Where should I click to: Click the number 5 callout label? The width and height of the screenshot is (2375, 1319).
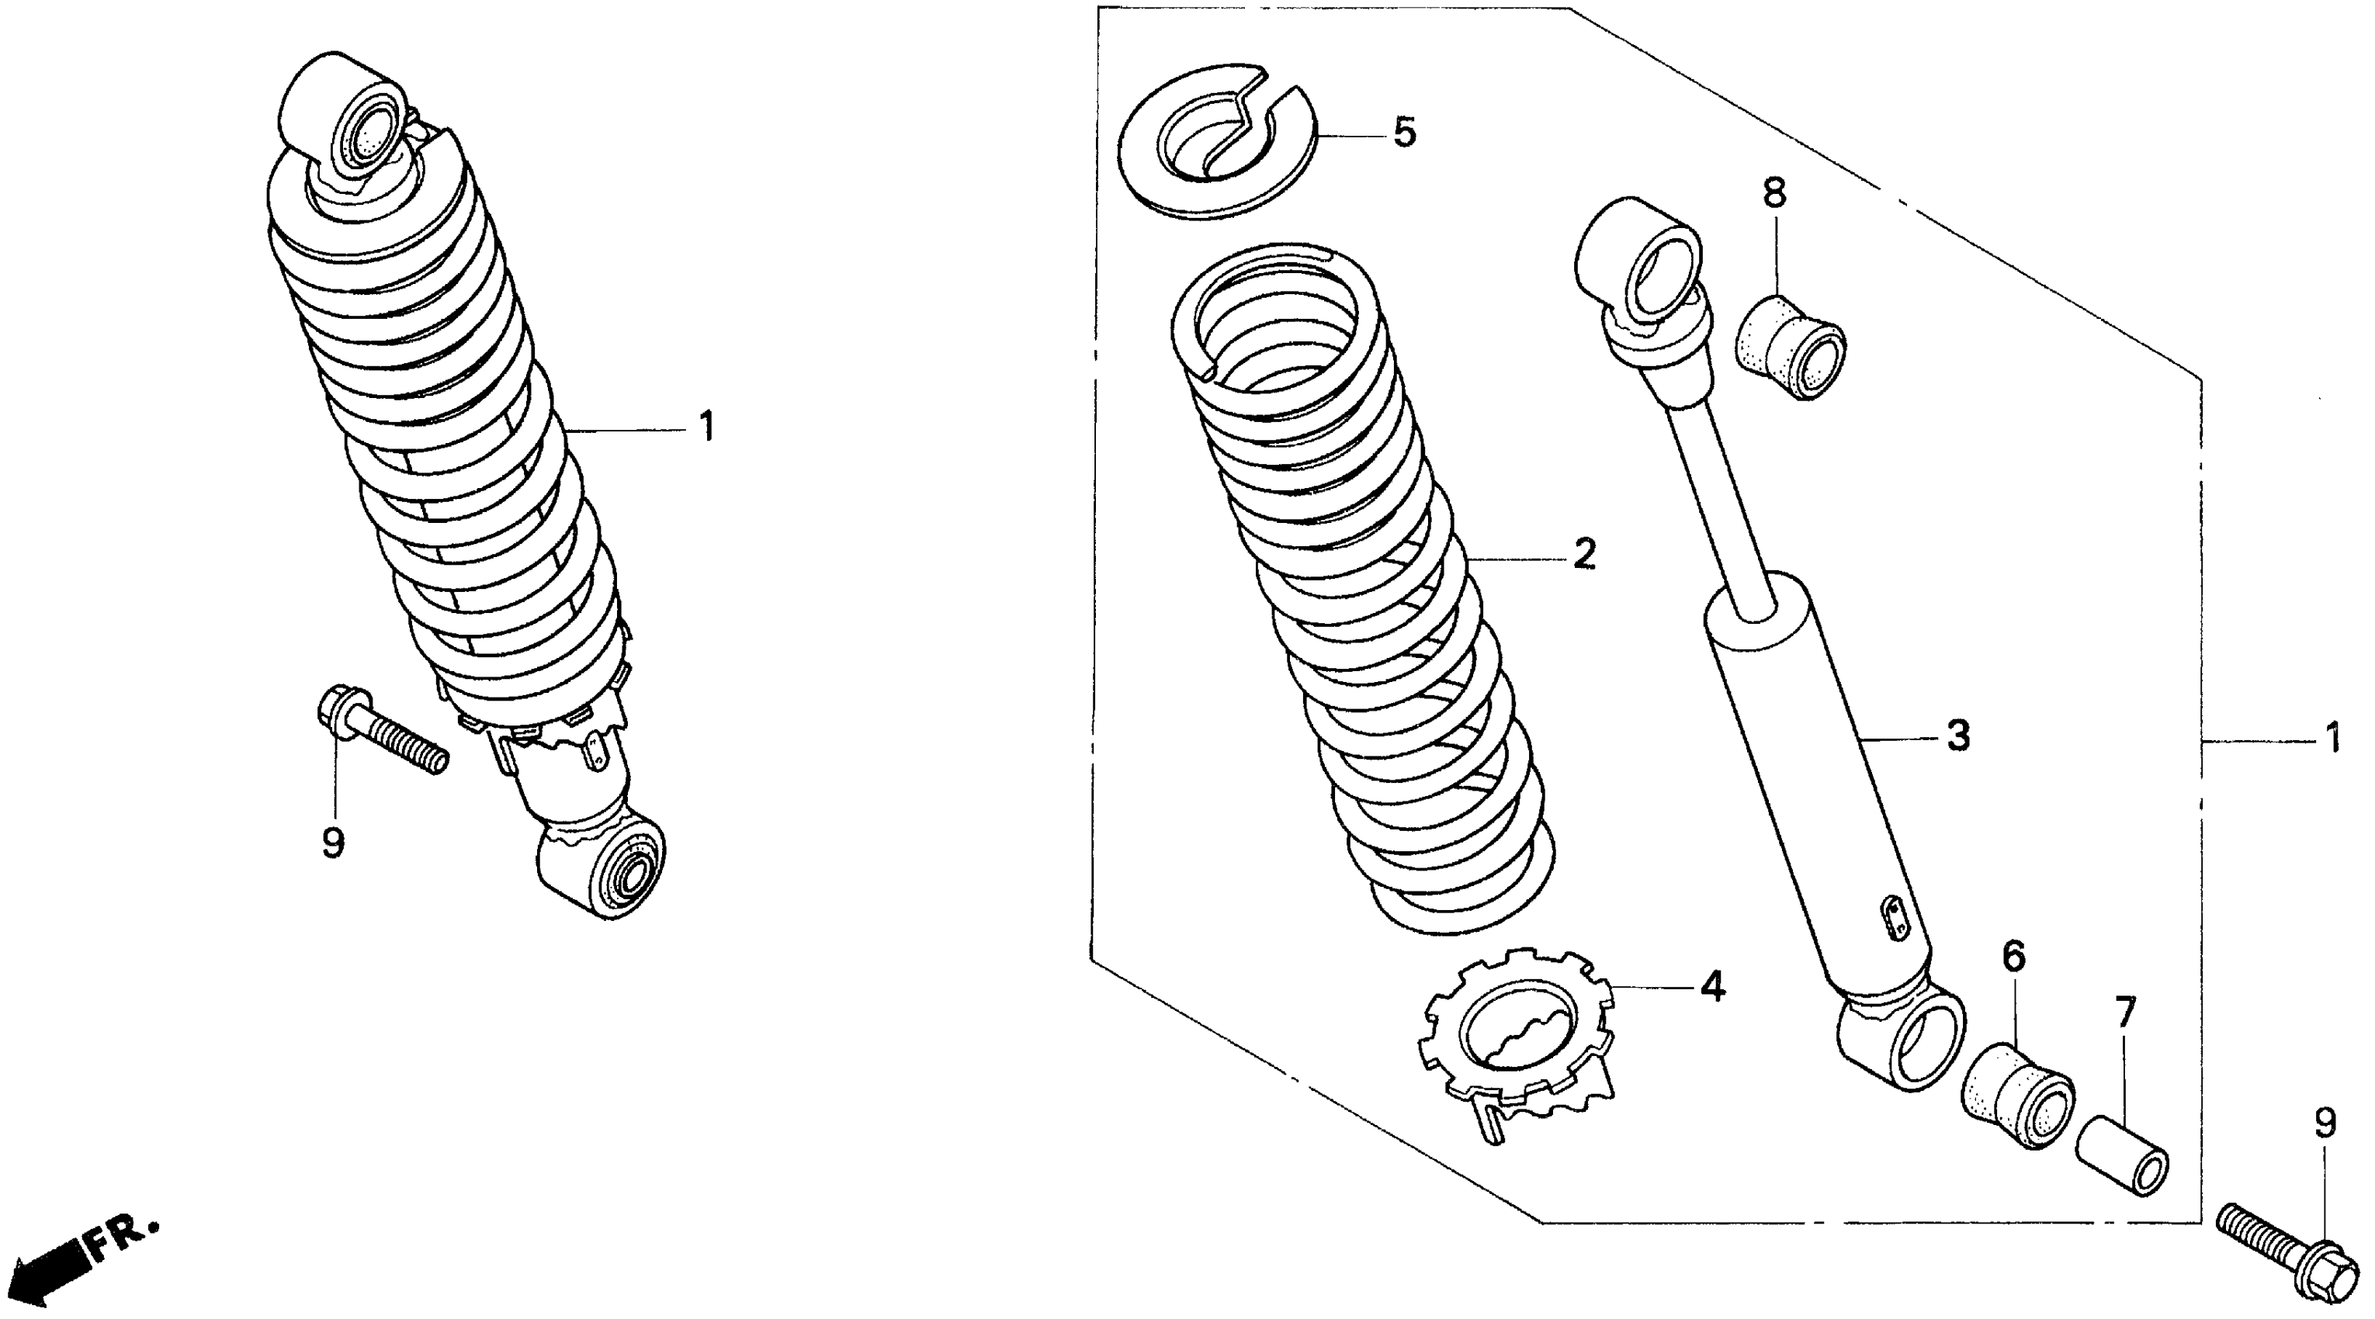pos(1403,133)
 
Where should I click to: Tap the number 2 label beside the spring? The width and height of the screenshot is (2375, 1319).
pos(1584,555)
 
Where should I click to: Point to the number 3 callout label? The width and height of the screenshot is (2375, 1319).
pos(1958,736)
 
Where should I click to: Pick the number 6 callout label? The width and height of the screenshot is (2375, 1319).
pos(2013,957)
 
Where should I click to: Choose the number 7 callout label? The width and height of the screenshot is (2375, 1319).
pos(2124,1014)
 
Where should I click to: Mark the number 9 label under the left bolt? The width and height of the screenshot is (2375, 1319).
pos(333,843)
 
